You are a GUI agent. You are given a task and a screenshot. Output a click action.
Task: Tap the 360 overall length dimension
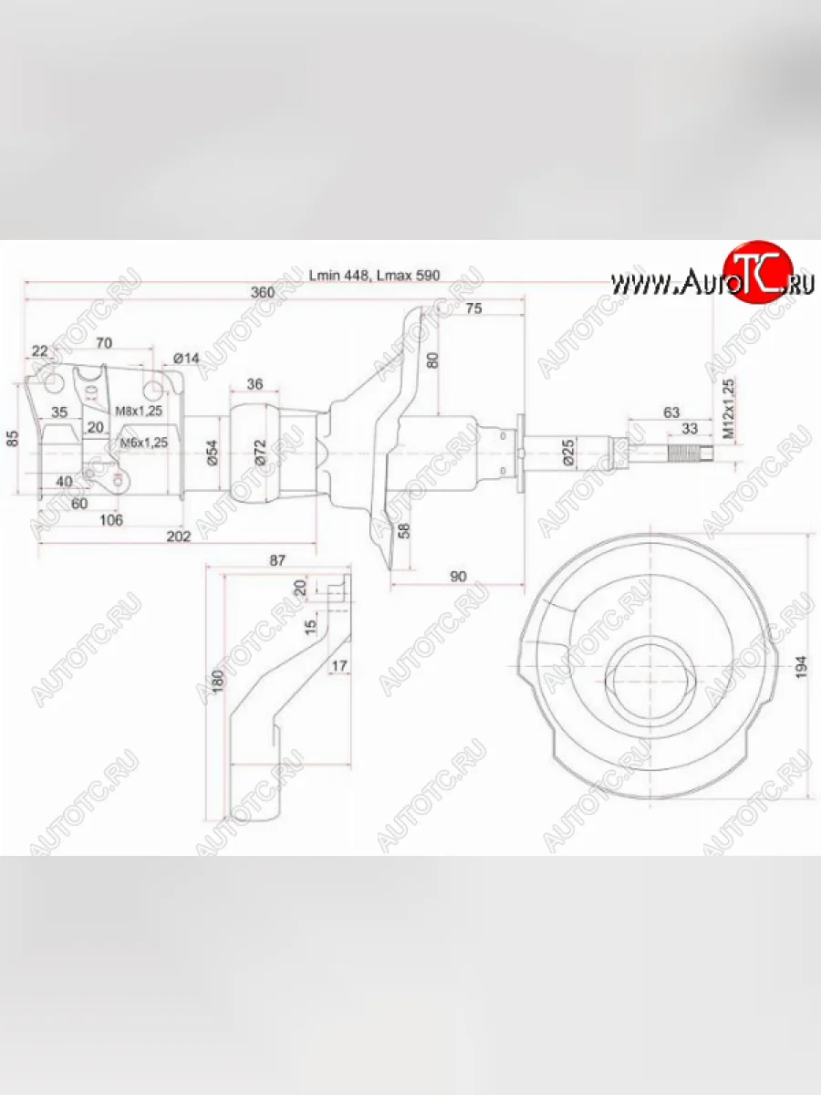[x=262, y=293]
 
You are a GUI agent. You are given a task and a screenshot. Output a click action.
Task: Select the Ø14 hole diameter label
[x=185, y=358]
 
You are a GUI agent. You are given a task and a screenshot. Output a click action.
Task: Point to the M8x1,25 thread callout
[x=139, y=411]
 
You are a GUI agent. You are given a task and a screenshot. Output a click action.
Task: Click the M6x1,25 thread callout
[x=144, y=443]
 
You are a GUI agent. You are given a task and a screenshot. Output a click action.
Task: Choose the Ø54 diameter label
[x=212, y=453]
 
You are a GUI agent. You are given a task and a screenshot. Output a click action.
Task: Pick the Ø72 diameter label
[x=260, y=453]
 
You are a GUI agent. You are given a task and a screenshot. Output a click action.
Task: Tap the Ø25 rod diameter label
[x=567, y=453]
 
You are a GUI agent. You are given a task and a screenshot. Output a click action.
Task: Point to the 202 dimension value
[x=179, y=537]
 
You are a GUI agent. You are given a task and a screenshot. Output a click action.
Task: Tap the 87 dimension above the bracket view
[x=277, y=560]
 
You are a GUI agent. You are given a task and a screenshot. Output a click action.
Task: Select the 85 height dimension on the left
[x=13, y=438]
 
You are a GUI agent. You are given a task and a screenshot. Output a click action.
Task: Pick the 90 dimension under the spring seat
[x=458, y=576]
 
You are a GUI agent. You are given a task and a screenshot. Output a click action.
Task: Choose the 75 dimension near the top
[x=473, y=308]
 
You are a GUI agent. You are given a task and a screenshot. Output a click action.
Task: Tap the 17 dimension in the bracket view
[x=338, y=666]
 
